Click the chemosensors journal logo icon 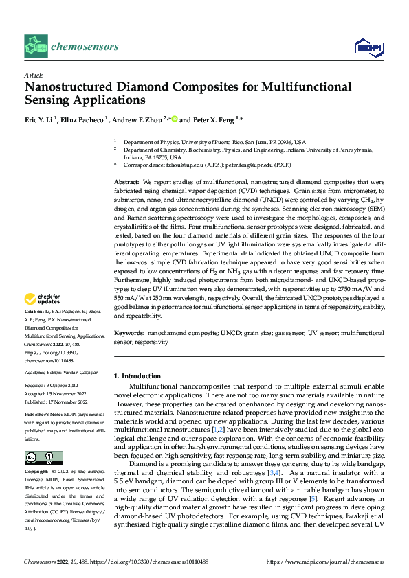click(x=36, y=47)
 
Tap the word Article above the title click(x=33, y=75)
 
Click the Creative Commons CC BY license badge click(x=43, y=458)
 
